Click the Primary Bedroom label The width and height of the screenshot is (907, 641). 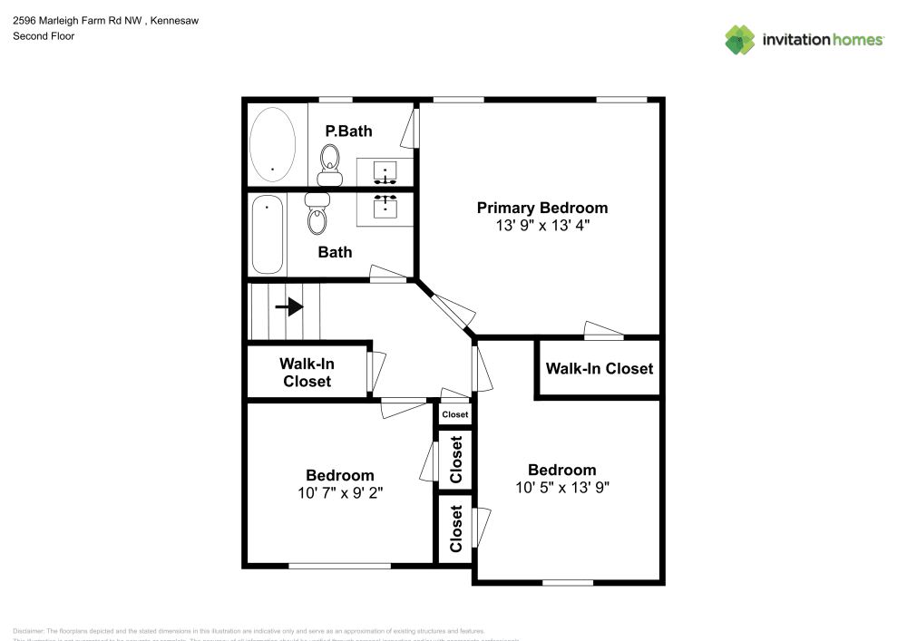pyautogui.click(x=542, y=208)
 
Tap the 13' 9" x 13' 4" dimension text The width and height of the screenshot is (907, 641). pyautogui.click(x=542, y=226)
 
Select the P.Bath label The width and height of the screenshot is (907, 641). pyautogui.click(x=348, y=131)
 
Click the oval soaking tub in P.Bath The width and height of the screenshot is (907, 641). pyautogui.click(x=272, y=144)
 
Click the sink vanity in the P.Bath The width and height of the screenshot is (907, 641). pyautogui.click(x=385, y=170)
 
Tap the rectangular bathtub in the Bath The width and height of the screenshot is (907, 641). pyautogui.click(x=267, y=234)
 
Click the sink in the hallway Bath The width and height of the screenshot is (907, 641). pyautogui.click(x=385, y=206)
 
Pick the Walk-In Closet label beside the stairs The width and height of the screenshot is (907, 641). pyautogui.click(x=307, y=372)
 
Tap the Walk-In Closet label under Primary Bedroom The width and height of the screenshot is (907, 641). pyautogui.click(x=599, y=368)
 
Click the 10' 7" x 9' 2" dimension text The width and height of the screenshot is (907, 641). pyautogui.click(x=339, y=493)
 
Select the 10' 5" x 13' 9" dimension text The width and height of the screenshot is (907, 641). pyautogui.click(x=562, y=487)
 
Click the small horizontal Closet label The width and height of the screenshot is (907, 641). pyautogui.click(x=455, y=414)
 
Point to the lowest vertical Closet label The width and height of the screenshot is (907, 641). pyautogui.click(x=456, y=529)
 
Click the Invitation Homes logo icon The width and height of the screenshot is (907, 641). pyautogui.click(x=740, y=39)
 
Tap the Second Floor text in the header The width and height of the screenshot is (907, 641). pyautogui.click(x=44, y=36)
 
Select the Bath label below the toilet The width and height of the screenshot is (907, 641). pyautogui.click(x=335, y=252)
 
